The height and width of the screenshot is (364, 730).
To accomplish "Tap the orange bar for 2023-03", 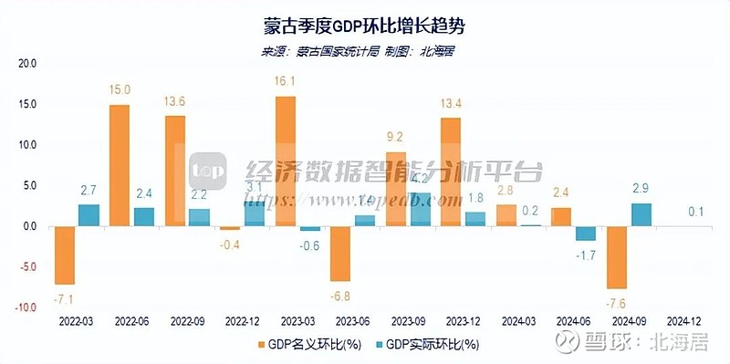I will coord(285,161).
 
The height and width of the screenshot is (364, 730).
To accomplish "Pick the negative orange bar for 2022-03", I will coord(64,255).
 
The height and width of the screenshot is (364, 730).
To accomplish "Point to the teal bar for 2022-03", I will coord(89,215).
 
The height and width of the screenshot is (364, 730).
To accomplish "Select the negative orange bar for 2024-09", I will coord(617,256).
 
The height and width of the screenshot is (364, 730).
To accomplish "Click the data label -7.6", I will coord(619,303).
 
